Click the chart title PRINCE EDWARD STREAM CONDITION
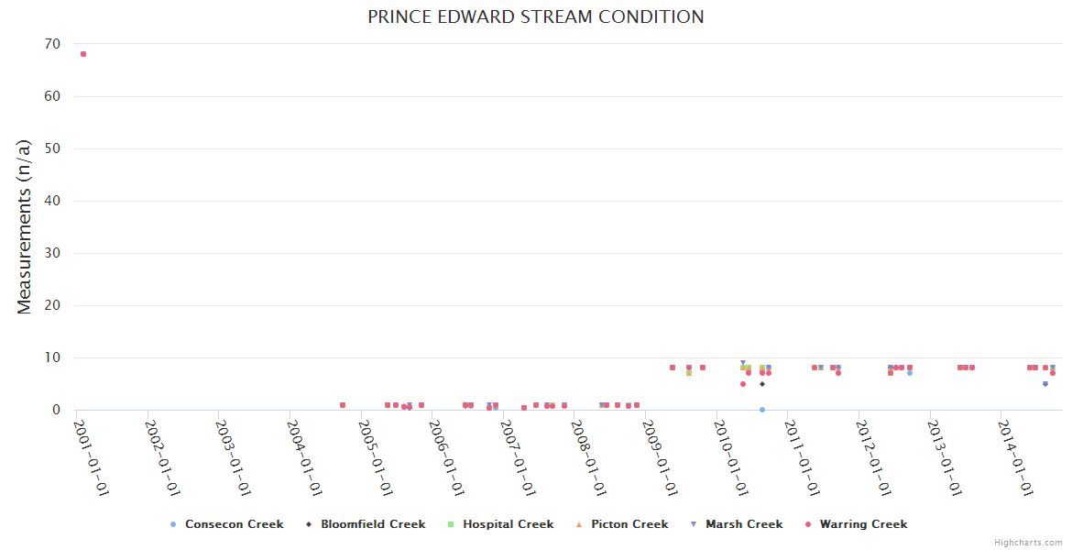coord(536,17)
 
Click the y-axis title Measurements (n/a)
coord(25,226)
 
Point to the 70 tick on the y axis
coord(52,44)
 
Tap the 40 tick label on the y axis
coord(52,201)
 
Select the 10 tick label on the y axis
coord(52,357)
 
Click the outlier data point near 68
coord(83,54)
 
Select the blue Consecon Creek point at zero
coord(762,410)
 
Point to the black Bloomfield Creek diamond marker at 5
coord(762,384)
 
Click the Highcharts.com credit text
coord(1028,543)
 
